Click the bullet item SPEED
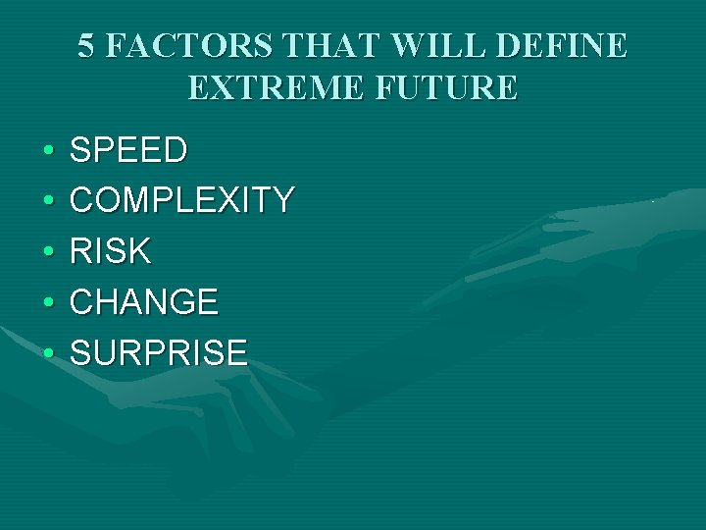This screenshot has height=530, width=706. [x=128, y=150]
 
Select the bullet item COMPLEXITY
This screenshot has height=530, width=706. [x=181, y=201]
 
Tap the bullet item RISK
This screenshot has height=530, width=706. [x=111, y=251]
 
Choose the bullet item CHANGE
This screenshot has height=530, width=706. [x=144, y=302]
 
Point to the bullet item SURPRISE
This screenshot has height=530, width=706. [x=159, y=352]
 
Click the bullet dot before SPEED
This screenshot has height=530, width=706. [x=46, y=152]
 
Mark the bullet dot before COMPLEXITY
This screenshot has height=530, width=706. [x=46, y=202]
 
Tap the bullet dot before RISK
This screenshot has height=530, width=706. [x=46, y=253]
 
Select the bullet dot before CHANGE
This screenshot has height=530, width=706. [x=46, y=303]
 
